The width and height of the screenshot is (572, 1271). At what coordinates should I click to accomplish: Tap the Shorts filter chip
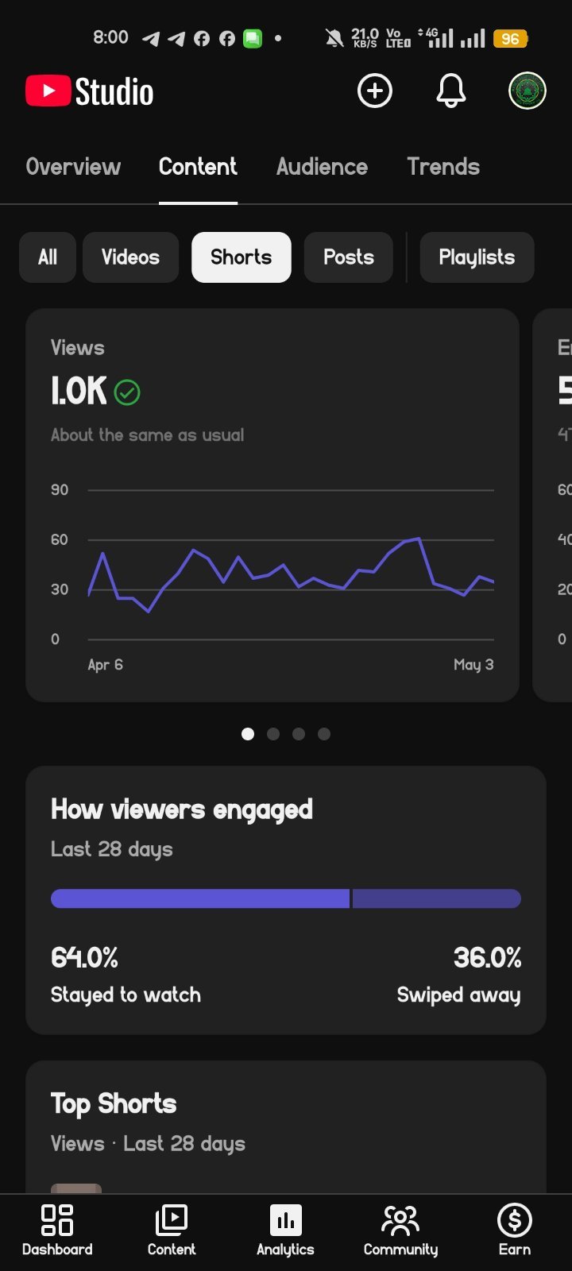pos(242,257)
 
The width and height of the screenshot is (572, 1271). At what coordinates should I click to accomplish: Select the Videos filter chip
pos(130,257)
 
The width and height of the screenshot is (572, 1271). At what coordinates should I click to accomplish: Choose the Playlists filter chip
pos(477,257)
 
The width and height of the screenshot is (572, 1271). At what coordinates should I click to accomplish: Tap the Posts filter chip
pos(349,257)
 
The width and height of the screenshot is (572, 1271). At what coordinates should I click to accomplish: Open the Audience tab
pos(322,167)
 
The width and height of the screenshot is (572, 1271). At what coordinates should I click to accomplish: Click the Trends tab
pos(443,167)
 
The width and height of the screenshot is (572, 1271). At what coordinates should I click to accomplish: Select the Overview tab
pos(73,167)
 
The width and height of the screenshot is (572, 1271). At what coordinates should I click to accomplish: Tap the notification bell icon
pos(450,91)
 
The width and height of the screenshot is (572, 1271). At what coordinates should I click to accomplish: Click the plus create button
pos(374,91)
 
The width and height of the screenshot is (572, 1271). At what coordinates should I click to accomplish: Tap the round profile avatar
pos(528,91)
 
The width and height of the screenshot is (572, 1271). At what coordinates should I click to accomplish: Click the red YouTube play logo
pos(48,91)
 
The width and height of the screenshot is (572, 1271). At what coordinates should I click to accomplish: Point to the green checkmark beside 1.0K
pos(127,392)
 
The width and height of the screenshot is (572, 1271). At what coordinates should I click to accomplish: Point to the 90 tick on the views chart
pos(60,489)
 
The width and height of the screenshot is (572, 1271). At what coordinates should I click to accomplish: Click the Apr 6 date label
pos(105,664)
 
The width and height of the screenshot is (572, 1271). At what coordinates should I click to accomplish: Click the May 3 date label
pos(473,664)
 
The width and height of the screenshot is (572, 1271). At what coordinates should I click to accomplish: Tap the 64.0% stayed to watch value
pos(84,958)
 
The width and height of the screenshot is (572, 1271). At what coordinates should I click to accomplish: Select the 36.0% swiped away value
pos(487,958)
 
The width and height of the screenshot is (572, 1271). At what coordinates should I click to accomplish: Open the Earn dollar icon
pos(515,1220)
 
